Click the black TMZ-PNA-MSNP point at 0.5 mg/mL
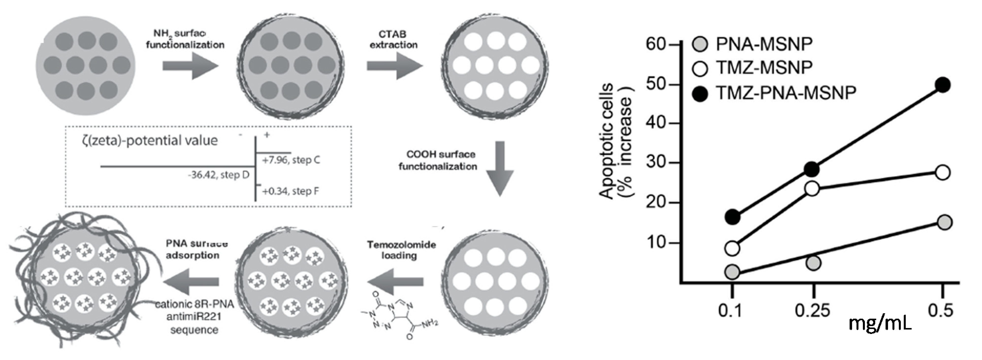pos(943,85)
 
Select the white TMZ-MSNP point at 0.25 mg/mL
pos(812,188)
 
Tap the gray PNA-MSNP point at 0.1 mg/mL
pos(732,272)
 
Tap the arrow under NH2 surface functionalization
pos(190,65)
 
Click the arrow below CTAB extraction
pos(395,65)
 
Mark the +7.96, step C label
pos(291,160)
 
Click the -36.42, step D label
pos(218,175)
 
